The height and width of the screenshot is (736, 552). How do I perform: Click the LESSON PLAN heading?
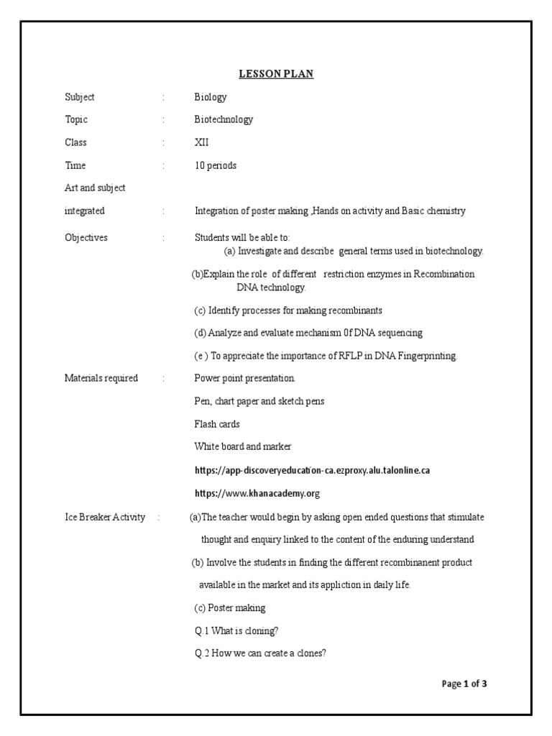point(276,74)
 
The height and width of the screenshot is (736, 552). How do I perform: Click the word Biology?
point(211,97)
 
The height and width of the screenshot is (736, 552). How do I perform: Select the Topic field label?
point(76,119)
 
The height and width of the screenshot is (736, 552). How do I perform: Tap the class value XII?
point(202,142)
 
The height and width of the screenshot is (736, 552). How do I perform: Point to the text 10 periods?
point(216,165)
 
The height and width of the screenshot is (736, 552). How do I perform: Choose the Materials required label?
point(101,378)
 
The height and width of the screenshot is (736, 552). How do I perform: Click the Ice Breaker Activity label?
point(105,517)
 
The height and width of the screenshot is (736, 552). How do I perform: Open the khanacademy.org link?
point(257,493)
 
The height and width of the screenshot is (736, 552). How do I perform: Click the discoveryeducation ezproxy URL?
point(313,470)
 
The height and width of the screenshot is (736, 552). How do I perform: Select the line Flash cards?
point(217,424)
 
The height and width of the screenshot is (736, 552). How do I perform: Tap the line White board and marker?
point(243,446)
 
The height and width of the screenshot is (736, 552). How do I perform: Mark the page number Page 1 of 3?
point(464,684)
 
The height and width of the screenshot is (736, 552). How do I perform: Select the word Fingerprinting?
point(423,356)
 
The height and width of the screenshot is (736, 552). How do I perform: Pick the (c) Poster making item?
point(230,608)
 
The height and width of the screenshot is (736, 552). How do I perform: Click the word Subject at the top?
point(80,97)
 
